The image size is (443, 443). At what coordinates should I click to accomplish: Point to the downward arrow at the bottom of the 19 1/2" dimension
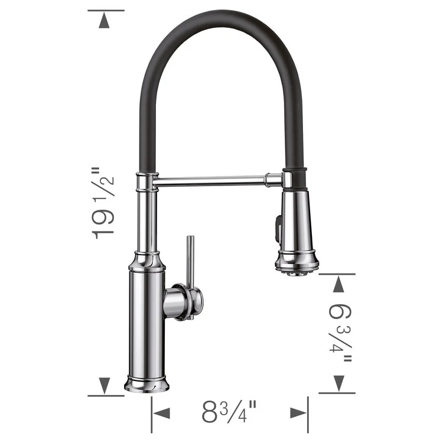click(105, 385)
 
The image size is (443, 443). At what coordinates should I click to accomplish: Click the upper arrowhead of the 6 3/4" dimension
click(338, 285)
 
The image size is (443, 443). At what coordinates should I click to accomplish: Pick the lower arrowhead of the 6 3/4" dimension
click(338, 382)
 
